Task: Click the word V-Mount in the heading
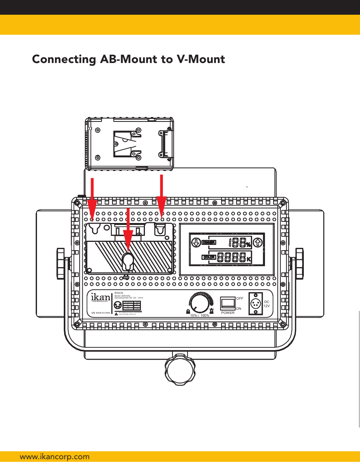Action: click(201, 59)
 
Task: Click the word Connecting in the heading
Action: click(64, 60)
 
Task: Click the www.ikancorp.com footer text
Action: click(55, 457)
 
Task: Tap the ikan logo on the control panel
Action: click(100, 297)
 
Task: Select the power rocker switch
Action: click(228, 303)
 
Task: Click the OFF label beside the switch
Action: click(240, 298)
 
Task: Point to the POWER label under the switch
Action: click(228, 313)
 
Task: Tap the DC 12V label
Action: click(267, 304)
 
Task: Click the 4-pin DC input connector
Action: click(255, 304)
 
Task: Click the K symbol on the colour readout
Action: click(249, 259)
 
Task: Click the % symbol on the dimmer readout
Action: click(248, 245)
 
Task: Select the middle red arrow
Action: click(128, 230)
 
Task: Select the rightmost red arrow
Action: click(162, 196)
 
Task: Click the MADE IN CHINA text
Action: click(103, 313)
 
